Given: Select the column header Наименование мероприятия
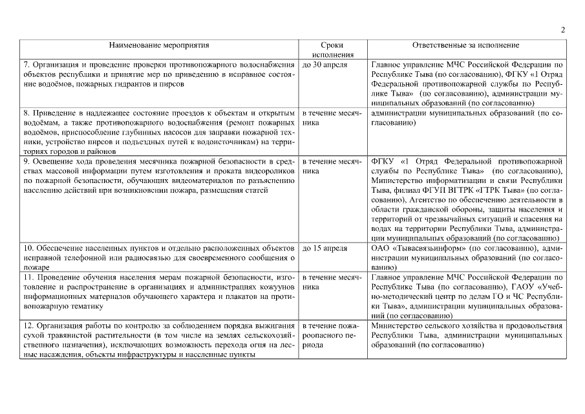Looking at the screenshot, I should point(159,46).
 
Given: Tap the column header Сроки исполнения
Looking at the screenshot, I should point(331,50).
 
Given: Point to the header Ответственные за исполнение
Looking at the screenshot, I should point(465,46).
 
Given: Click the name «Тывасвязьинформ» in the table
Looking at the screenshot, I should point(420,248).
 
